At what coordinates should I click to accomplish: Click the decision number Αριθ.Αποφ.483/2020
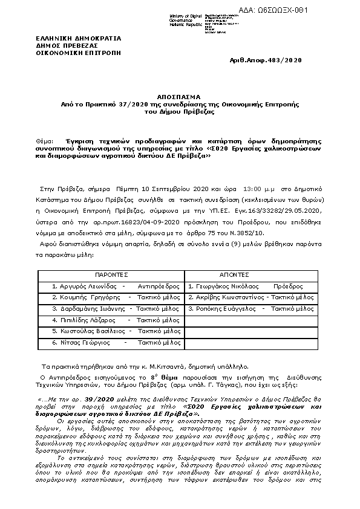click(266, 60)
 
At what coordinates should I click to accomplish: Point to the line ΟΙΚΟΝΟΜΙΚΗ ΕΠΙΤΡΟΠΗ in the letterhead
click(79, 53)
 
